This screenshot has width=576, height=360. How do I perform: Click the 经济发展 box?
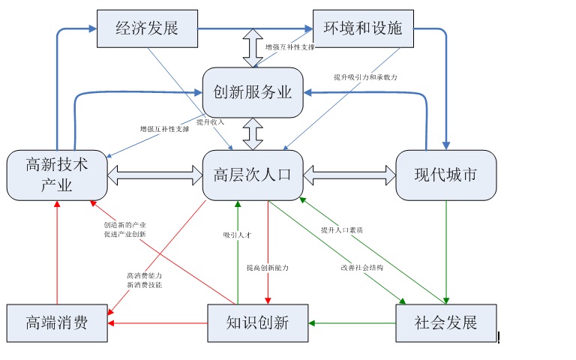tap(147, 28)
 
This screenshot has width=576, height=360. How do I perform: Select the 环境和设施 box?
tap(363, 28)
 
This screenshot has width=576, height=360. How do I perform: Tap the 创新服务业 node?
tap(253, 93)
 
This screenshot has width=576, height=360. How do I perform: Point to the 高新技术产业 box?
tap(57, 175)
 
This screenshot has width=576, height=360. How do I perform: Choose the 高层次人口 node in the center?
tap(253, 175)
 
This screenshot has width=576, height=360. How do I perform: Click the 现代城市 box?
tap(445, 175)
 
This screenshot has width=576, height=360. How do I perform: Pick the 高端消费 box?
tap(57, 323)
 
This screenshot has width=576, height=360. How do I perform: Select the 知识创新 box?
tap(257, 323)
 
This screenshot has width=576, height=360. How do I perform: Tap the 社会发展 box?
tap(445, 323)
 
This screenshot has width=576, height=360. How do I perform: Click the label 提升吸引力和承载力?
tap(365, 77)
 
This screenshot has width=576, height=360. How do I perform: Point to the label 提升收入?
tap(211, 121)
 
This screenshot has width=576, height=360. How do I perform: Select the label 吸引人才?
tap(237, 235)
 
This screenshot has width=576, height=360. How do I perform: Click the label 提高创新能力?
tap(268, 268)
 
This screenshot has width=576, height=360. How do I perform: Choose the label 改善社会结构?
tap(361, 268)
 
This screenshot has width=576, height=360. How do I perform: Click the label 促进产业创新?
tap(125, 235)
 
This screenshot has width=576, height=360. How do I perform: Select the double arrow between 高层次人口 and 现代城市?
tap(349, 175)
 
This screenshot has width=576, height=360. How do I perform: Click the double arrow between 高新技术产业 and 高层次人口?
tap(155, 175)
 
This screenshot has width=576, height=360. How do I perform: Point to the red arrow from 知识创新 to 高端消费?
tap(157, 323)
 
